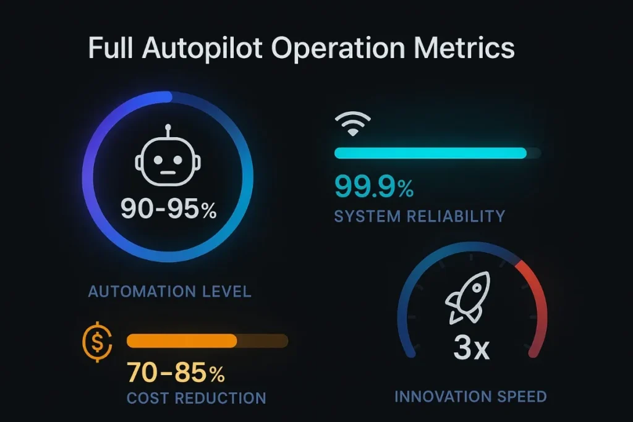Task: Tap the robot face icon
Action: pyautogui.click(x=168, y=162)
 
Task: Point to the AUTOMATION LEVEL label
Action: pyautogui.click(x=169, y=291)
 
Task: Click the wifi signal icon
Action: pyautogui.click(x=353, y=124)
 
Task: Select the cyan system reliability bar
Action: pyautogui.click(x=430, y=153)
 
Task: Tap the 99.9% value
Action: pyautogui.click(x=374, y=187)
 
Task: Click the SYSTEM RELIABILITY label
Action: pyautogui.click(x=419, y=216)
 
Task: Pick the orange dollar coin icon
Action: pyautogui.click(x=97, y=342)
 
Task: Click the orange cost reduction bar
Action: pyautogui.click(x=182, y=341)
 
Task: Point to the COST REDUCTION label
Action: pyautogui.click(x=196, y=398)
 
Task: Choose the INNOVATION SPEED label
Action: pyautogui.click(x=470, y=396)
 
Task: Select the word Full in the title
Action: pyautogui.click(x=112, y=48)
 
